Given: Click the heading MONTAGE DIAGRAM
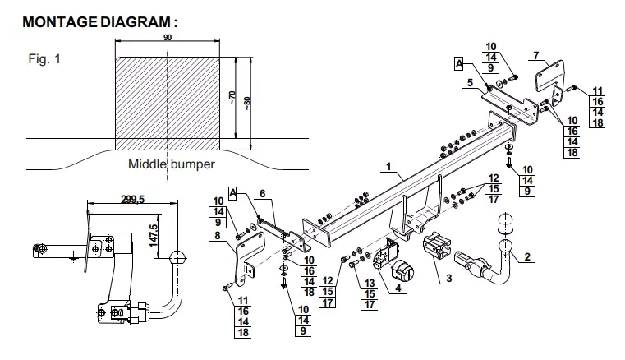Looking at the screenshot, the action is pos(99,22).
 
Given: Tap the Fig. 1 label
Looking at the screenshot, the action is pos(44,59).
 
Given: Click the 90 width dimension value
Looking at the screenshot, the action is pos(168,38).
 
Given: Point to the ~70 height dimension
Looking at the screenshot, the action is pos(232,97).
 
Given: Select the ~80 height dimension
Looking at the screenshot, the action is pos(247,104).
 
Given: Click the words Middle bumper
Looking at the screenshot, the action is pos(172,164).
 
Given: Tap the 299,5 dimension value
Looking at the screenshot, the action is pos(133,198).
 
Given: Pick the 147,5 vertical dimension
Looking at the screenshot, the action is pos(154,235).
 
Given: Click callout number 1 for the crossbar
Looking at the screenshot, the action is pos(388,166).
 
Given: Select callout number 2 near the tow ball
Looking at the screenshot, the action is pos(527,256).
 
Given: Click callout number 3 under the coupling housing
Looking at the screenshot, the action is pos(448,278).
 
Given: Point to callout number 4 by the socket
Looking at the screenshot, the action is pos(398,288).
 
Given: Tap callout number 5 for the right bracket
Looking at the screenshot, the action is pos(471,83).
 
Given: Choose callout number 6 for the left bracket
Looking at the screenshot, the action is pos(262,194).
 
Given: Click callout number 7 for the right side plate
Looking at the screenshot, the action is pos(536,55).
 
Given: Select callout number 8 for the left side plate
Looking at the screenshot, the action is pos(218,235).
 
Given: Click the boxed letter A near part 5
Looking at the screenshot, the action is pos(459,64).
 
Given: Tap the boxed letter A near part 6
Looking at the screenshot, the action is pos(232,194).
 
